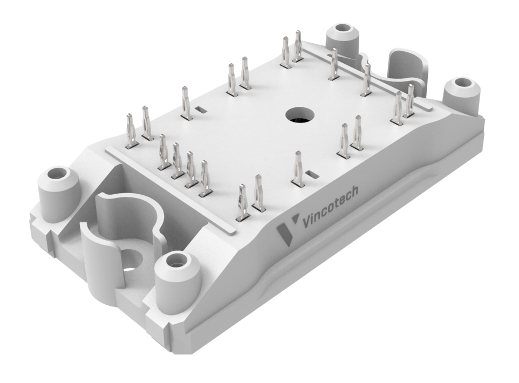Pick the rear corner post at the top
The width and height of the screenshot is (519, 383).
[x=343, y=38]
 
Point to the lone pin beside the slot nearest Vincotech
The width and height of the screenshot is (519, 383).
[x=297, y=169]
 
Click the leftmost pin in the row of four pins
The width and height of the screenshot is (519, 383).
[x=163, y=154]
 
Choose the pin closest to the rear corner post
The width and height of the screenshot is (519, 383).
[x=334, y=64]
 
